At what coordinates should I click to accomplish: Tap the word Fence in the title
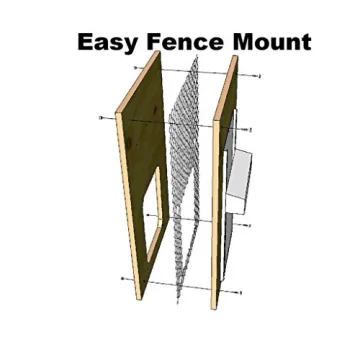pyautogui.click(x=181, y=42)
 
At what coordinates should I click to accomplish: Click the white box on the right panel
pyautogui.click(x=243, y=180)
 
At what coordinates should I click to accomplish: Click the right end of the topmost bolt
pyautogui.click(x=259, y=75)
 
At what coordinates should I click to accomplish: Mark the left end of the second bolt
pyautogui.click(x=101, y=118)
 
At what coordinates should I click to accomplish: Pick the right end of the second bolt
pyautogui.click(x=249, y=130)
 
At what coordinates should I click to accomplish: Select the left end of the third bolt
pyautogui.click(x=148, y=214)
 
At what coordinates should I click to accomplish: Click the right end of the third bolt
pyautogui.click(x=248, y=226)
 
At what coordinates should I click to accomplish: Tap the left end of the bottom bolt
pyautogui.click(x=123, y=278)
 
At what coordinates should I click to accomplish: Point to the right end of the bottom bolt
pyautogui.click(x=240, y=292)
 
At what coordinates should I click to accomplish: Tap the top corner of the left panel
pyautogui.click(x=156, y=51)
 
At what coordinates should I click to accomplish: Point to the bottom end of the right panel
pyautogui.click(x=214, y=306)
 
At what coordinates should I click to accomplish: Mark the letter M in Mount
pyautogui.click(x=236, y=42)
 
